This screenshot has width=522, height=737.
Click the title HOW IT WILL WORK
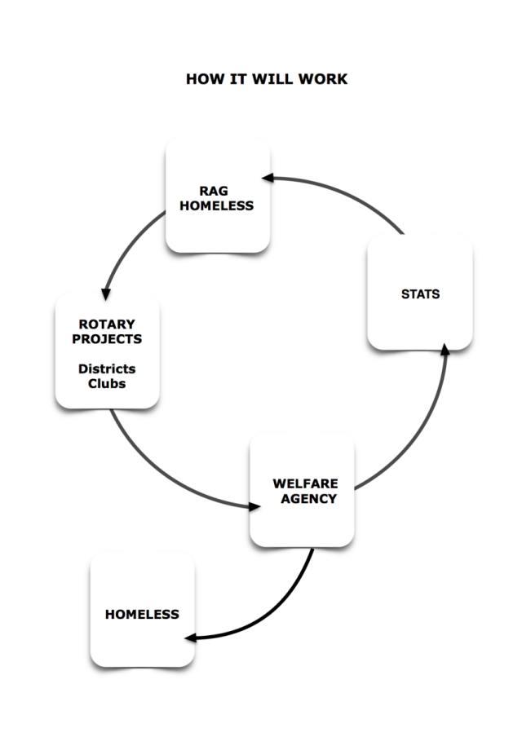[266, 80]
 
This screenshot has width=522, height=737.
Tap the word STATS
[420, 294]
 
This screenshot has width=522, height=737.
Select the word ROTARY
[107, 324]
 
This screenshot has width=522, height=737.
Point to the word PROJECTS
[107, 339]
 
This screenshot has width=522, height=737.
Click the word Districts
[107, 369]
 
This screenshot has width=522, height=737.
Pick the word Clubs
[107, 383]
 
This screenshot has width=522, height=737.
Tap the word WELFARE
[305, 483]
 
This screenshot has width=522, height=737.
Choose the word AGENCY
[308, 498]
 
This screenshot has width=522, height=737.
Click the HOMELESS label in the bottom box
[142, 615]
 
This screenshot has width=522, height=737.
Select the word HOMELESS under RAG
[216, 205]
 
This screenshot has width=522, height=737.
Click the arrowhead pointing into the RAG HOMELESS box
[267, 177]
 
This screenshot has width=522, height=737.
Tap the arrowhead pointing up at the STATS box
[445, 348]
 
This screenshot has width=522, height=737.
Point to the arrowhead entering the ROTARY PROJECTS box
[104, 294]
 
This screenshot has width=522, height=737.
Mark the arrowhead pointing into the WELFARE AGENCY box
[254, 506]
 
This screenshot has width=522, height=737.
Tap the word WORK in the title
[324, 80]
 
